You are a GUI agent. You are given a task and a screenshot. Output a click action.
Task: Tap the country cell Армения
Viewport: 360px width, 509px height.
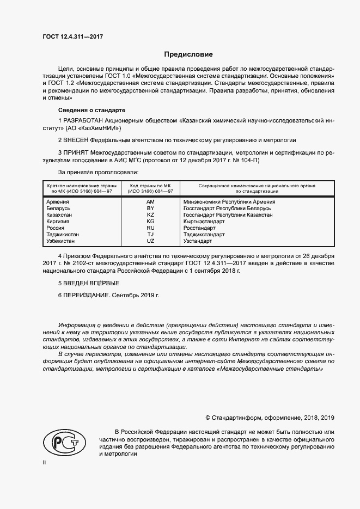coord(59,201)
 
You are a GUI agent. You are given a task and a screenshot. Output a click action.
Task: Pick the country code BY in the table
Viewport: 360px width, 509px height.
coord(151,208)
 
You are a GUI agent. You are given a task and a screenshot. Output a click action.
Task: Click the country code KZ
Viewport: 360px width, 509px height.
coord(151,214)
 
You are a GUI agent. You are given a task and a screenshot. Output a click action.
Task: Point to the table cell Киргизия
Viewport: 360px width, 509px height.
coord(60,221)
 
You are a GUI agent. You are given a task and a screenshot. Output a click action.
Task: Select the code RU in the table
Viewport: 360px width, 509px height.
coord(151,228)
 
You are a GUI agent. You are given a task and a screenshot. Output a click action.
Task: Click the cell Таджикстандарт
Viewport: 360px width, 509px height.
coord(204,234)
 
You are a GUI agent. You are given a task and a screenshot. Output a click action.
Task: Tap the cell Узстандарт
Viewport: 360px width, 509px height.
coord(198,241)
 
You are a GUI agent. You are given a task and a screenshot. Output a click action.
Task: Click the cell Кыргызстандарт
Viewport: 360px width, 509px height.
coord(204,221)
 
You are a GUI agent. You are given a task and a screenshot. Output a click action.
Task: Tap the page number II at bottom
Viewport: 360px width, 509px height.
coord(45,462)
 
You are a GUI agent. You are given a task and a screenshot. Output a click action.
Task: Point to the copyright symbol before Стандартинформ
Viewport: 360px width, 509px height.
coord(208,418)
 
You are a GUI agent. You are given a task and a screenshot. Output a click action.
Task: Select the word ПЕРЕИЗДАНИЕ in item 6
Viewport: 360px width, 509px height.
coord(87,295)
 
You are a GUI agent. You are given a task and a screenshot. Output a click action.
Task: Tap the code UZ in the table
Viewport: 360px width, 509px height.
coord(151,241)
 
